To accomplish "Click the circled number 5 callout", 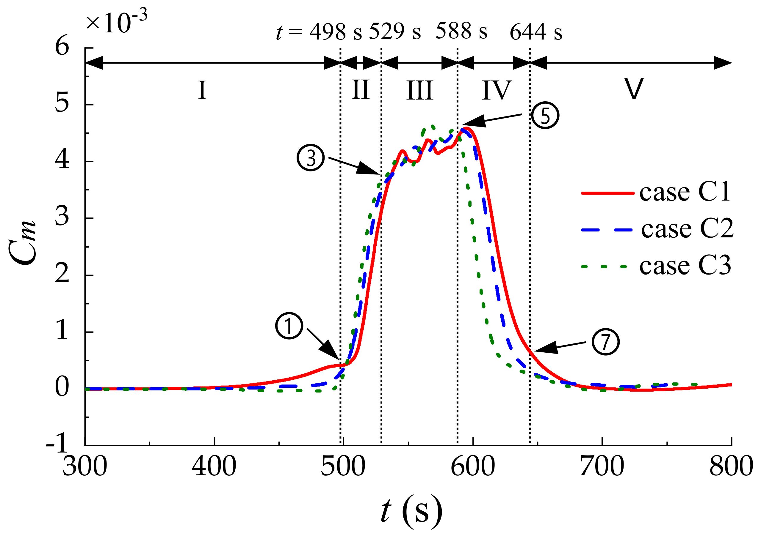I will [x=545, y=116].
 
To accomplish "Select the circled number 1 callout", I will [x=289, y=326].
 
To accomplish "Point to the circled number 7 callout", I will [x=605, y=342].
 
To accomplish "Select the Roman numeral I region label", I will [x=202, y=90].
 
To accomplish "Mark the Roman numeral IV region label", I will [x=497, y=90].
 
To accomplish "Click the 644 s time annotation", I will [x=536, y=32].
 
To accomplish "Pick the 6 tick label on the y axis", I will [x=62, y=46].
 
